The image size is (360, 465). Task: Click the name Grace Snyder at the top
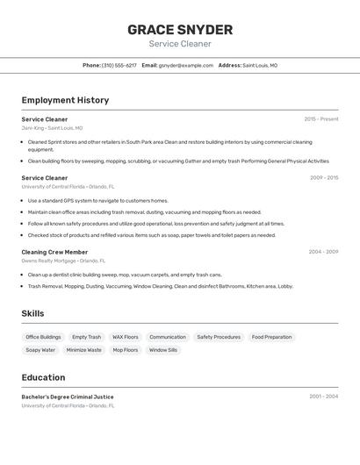[x=180, y=29]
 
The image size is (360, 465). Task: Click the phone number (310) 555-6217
[x=119, y=65]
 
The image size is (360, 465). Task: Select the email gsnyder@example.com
[x=186, y=65]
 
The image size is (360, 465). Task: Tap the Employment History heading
[x=65, y=100]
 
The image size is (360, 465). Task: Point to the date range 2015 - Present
[x=320, y=119]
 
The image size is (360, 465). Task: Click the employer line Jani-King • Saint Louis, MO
[x=52, y=128]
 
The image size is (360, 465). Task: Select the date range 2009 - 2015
[x=323, y=178]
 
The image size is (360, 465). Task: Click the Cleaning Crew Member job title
[x=54, y=252]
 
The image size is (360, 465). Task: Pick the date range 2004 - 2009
[x=323, y=252]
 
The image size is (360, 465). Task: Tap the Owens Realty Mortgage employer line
[x=63, y=261]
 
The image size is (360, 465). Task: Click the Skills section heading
[x=32, y=313]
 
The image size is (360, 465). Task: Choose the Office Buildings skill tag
[x=43, y=337]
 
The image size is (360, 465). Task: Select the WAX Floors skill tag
[x=125, y=337]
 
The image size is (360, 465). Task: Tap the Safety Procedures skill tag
[x=219, y=337]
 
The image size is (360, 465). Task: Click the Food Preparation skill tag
[x=271, y=337]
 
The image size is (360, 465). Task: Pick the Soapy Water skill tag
[x=40, y=350]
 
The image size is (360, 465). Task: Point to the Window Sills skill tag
[x=163, y=350]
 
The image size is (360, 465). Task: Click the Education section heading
[x=43, y=377]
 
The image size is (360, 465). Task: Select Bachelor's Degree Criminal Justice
[x=68, y=397]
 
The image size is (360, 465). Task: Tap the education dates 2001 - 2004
[x=323, y=397]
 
